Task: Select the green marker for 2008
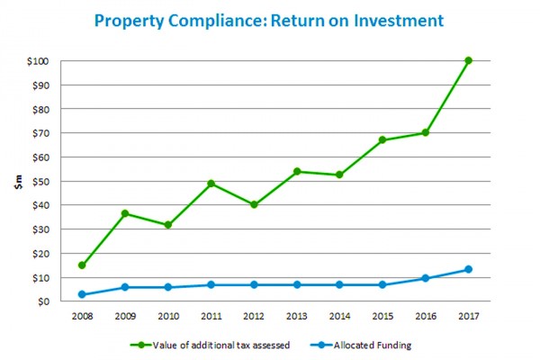(82, 265)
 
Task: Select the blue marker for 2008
(82, 294)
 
